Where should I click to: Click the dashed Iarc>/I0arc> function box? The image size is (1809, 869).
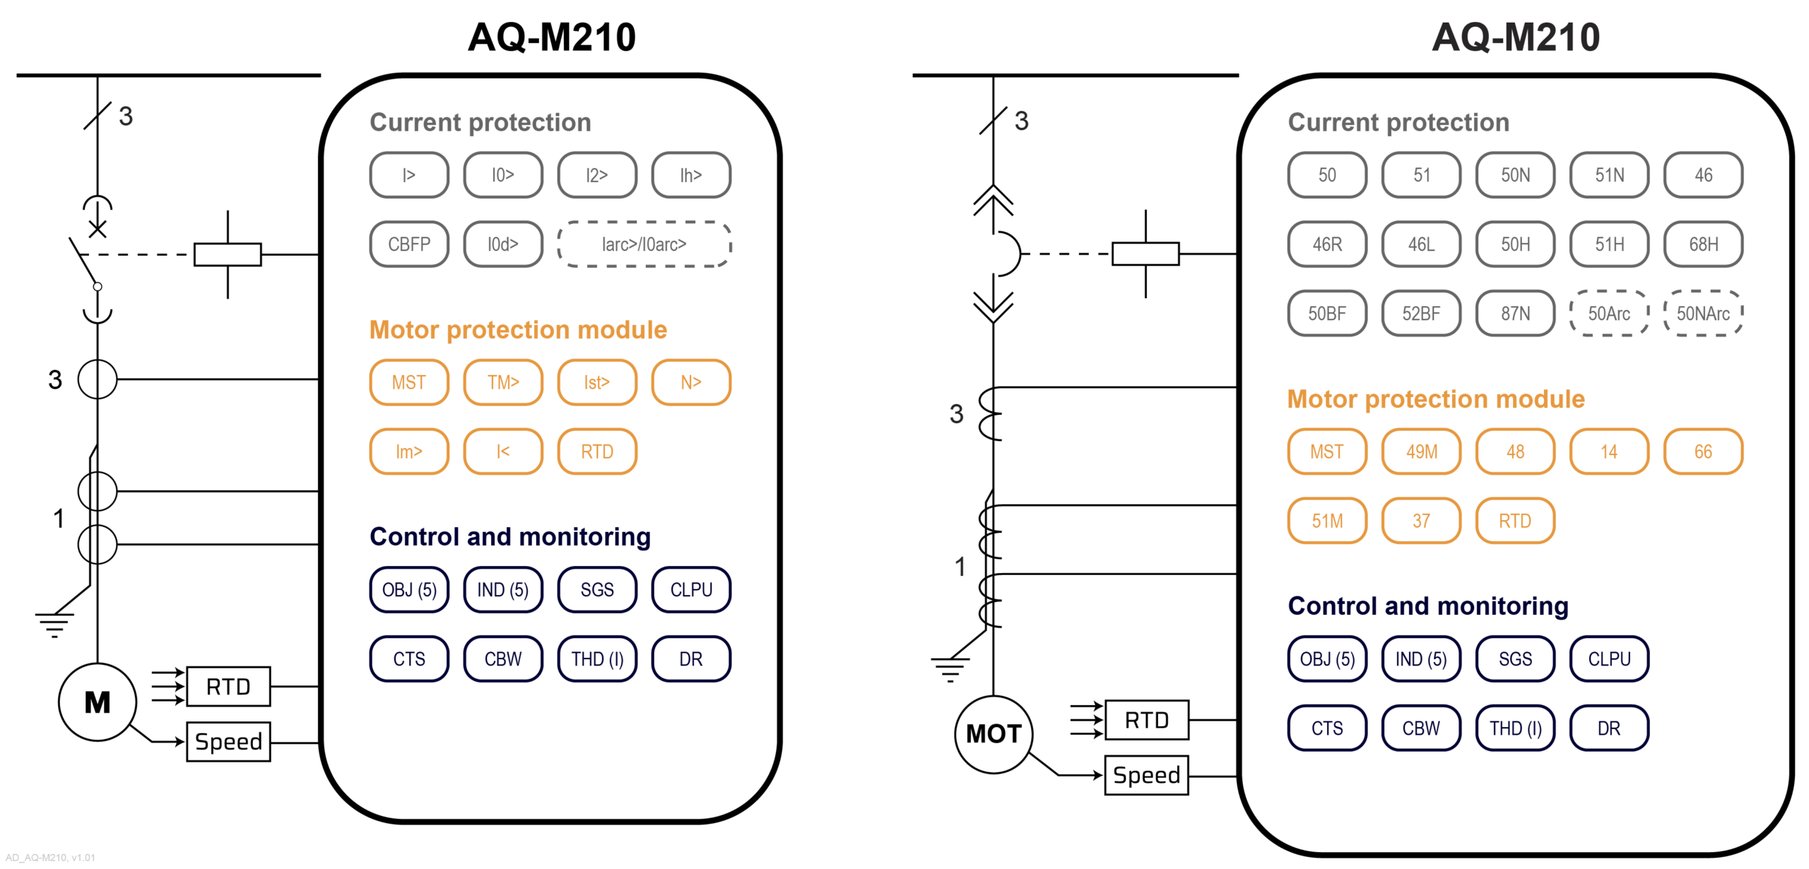tap(644, 244)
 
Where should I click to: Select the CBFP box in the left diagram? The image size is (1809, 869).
tap(409, 244)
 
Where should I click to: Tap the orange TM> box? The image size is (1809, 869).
tap(503, 382)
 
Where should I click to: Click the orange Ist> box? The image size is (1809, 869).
tap(597, 382)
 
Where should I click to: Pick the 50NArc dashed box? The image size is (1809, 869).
tap(1703, 314)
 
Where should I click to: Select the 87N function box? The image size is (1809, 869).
tap(1515, 314)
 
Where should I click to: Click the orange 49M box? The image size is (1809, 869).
tap(1421, 451)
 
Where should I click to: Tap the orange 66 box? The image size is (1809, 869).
tap(1703, 451)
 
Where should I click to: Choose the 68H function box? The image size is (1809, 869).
tap(1703, 244)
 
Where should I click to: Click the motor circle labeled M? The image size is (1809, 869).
tap(98, 702)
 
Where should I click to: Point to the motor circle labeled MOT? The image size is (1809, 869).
tap(993, 734)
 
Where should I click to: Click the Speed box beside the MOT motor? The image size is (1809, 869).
tap(1146, 775)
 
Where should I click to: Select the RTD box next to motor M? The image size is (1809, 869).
tap(228, 686)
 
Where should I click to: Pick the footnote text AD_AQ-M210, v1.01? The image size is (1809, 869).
tap(50, 858)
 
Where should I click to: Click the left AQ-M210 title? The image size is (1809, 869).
tap(551, 37)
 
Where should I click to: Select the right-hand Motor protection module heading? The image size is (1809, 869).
tap(1436, 399)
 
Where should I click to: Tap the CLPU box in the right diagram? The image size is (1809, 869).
tap(1609, 659)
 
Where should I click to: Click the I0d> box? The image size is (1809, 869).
tap(503, 244)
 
